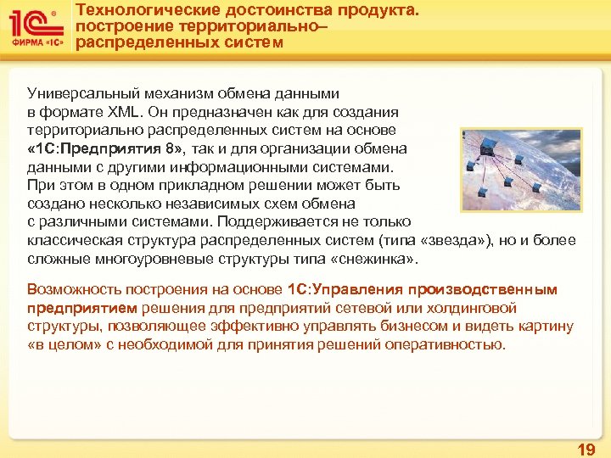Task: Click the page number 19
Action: (586, 449)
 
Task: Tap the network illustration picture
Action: (522, 169)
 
